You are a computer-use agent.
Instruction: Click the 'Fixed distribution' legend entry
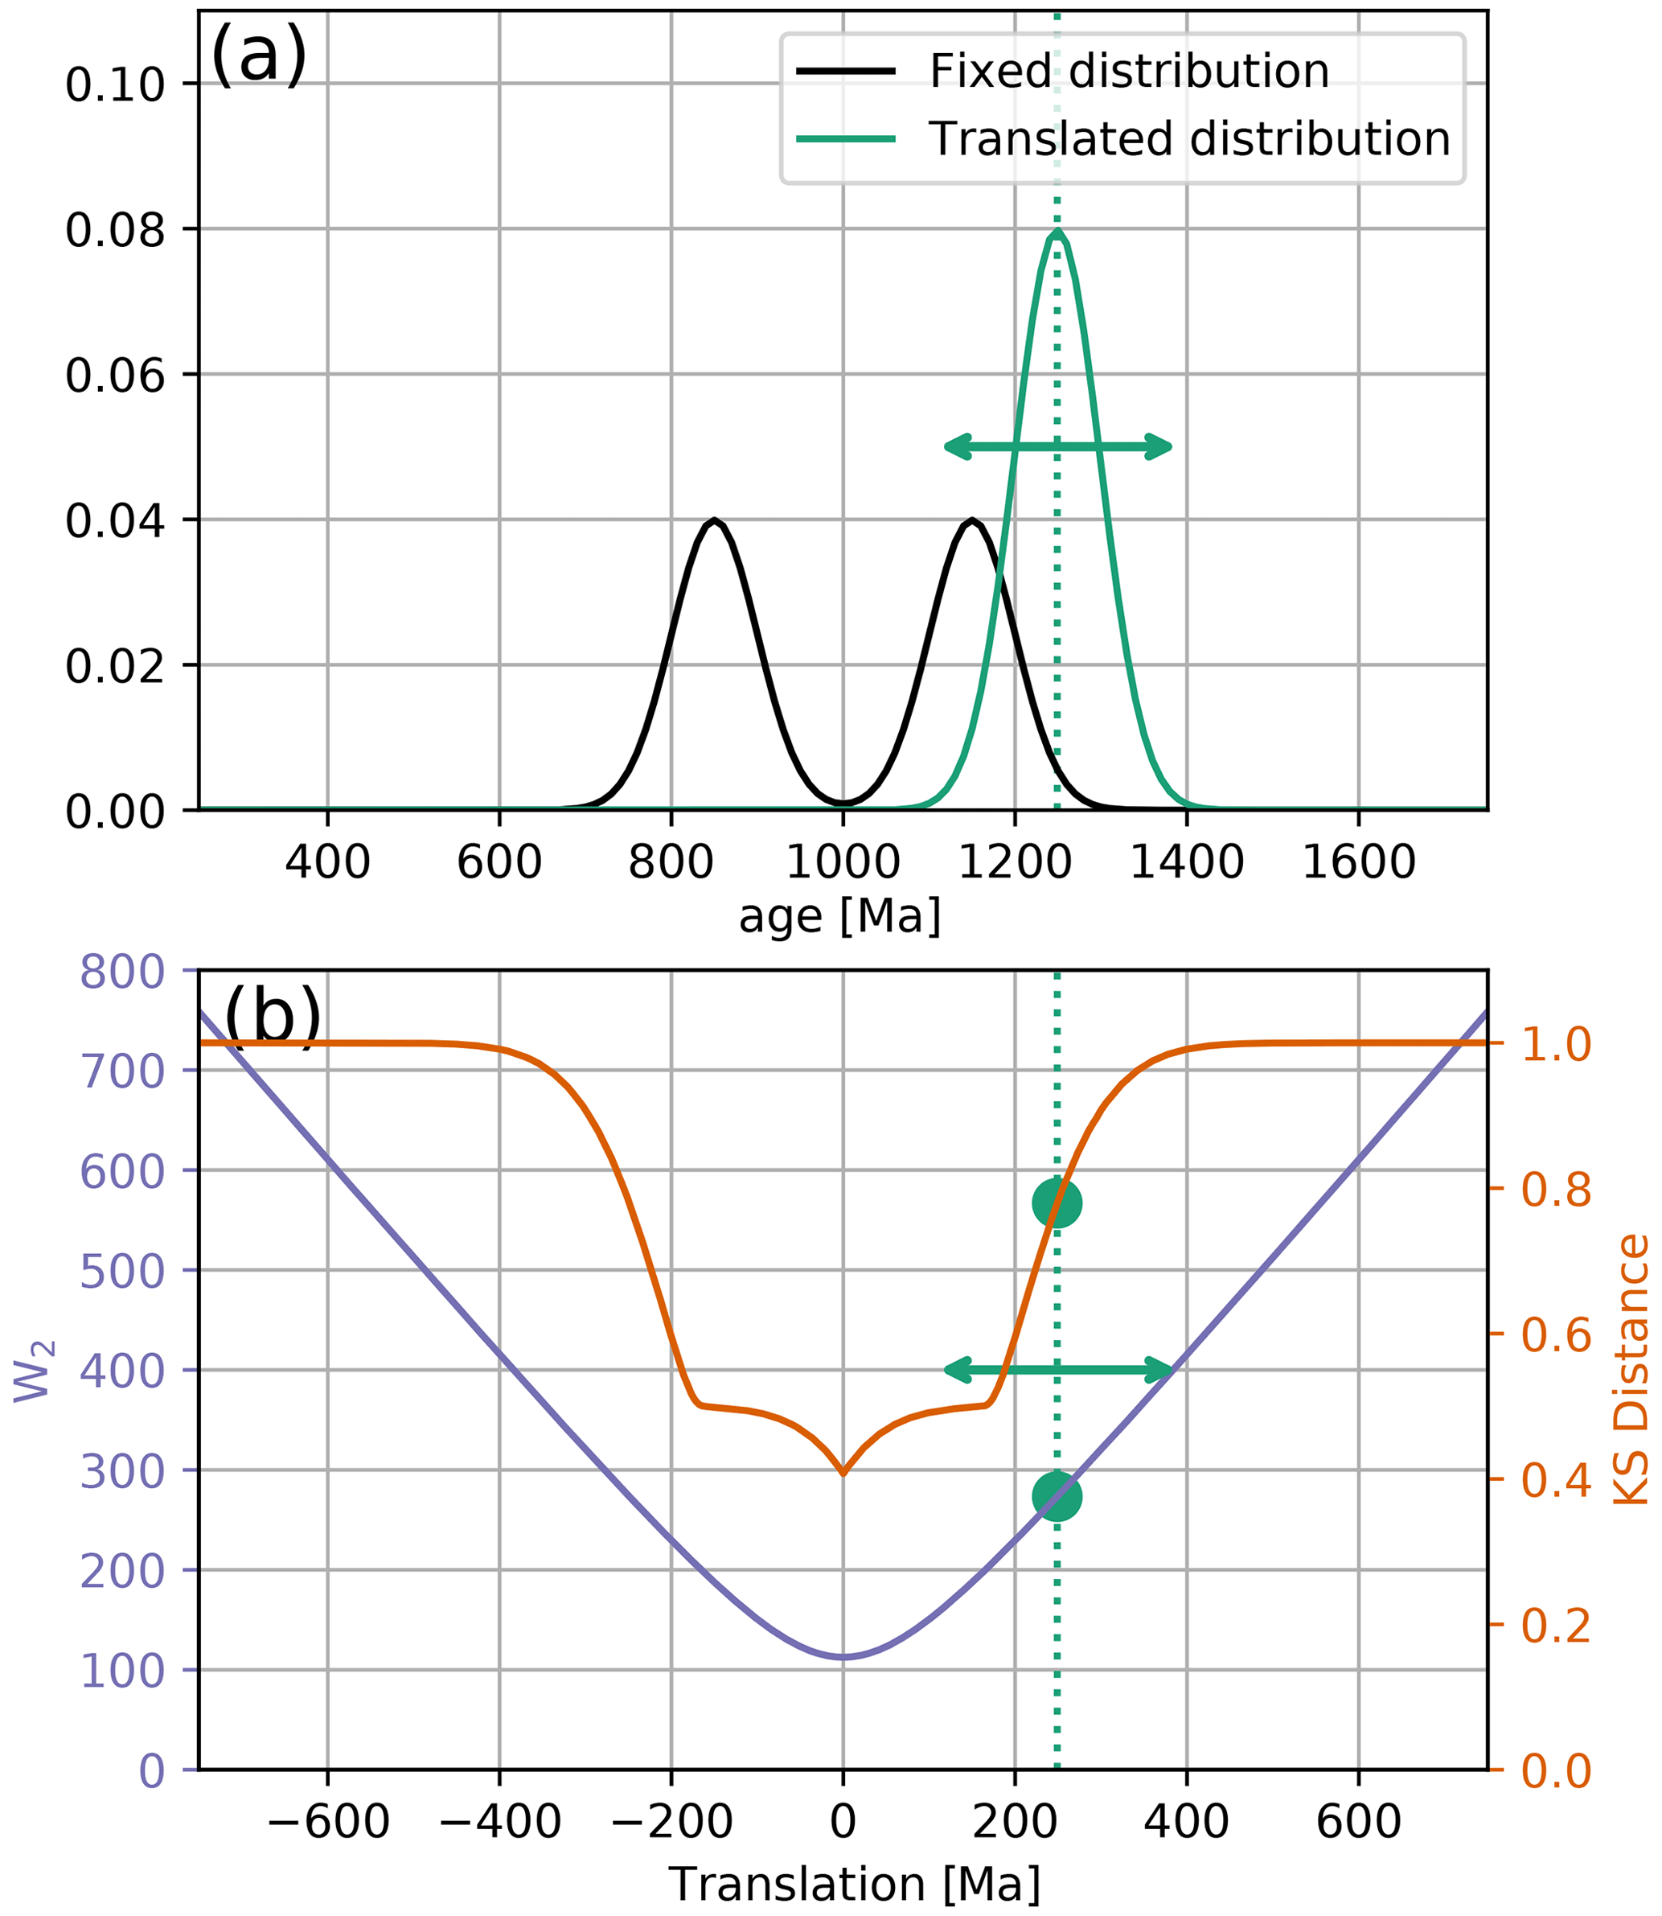point(1128,72)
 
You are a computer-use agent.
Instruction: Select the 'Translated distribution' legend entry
point(1189,139)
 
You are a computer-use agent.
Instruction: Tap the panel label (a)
point(259,56)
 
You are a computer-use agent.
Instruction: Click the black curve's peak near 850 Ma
point(713,520)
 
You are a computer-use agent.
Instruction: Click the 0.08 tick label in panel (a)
point(115,230)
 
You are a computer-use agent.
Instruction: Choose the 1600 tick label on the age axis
point(1359,863)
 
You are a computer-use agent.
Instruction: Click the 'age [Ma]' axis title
point(840,917)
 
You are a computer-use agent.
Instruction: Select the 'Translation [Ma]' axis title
point(854,1885)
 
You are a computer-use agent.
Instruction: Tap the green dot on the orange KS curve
point(1057,1203)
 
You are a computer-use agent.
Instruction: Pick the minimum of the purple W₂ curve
point(843,1656)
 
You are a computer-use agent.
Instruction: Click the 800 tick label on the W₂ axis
point(121,973)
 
